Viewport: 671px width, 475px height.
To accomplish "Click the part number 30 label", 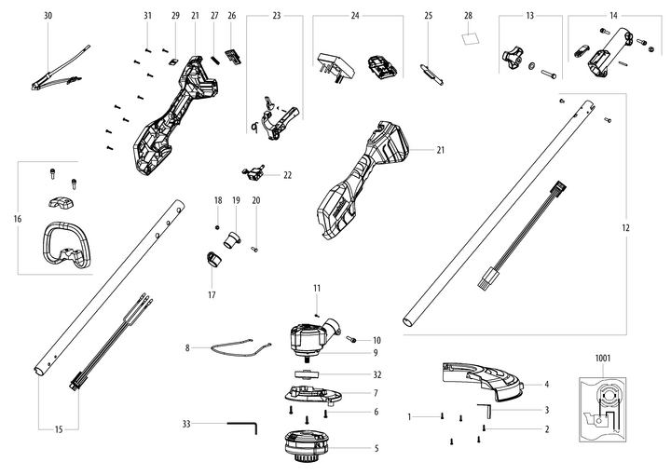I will click(48, 17).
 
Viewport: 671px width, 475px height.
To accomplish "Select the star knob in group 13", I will click(512, 58).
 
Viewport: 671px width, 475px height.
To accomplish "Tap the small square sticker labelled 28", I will click(470, 40).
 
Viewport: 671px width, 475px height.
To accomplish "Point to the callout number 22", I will click(287, 174).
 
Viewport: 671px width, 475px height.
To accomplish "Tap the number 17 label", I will click(212, 294).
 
